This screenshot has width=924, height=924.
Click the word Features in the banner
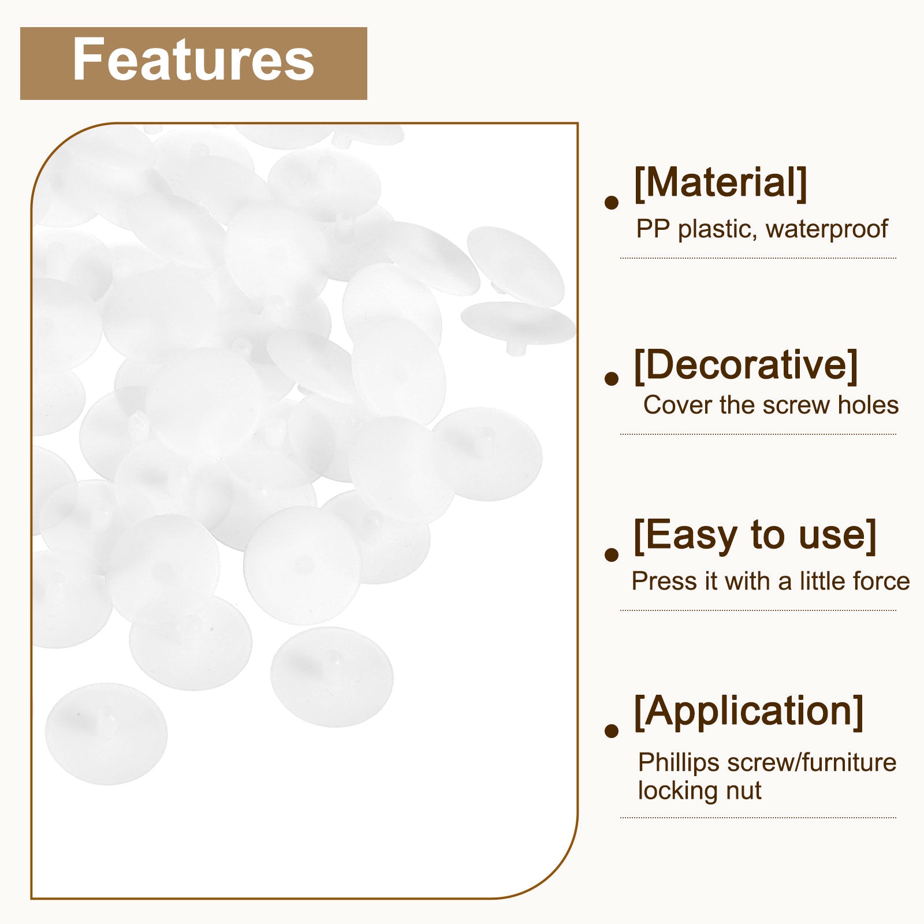193,60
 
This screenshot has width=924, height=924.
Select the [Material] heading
720,183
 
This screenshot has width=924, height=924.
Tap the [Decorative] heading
746,365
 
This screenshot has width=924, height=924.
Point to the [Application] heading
748,712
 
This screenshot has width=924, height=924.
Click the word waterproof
826,229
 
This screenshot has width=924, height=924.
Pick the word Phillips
679,763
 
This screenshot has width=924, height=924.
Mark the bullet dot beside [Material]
612,202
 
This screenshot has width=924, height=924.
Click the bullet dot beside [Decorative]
612,378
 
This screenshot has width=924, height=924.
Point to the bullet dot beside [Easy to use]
612,554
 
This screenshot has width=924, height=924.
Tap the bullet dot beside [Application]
612,731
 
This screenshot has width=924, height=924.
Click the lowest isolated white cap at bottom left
106,733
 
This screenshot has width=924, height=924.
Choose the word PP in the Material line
654,229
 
